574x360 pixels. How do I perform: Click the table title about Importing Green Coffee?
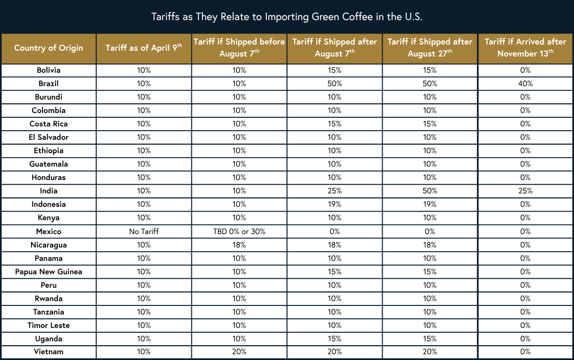point(287,17)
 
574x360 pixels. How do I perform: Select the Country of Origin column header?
point(48,48)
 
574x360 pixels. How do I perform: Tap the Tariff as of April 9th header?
point(143,48)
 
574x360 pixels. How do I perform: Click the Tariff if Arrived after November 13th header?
point(525,48)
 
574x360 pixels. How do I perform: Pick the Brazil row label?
point(48,84)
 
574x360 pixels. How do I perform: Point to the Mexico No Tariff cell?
point(143,232)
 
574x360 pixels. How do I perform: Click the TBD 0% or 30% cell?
point(239,232)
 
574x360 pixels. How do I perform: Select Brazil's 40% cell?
point(525,84)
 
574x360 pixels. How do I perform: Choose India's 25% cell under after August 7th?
point(334,191)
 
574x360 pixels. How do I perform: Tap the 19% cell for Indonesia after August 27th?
point(430,204)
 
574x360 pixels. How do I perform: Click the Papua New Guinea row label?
point(48,272)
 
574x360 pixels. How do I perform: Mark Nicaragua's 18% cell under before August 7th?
point(239,245)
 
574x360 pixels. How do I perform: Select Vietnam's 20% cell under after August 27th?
point(430,352)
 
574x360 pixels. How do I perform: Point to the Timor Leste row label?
point(48,326)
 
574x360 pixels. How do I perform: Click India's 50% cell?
point(430,191)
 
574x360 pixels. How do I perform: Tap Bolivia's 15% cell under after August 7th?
point(334,70)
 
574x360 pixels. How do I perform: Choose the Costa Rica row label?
point(48,124)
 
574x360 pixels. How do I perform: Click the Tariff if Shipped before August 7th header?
point(239,48)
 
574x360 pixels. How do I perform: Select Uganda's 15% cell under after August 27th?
point(430,339)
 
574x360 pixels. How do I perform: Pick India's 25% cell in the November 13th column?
point(525,191)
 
